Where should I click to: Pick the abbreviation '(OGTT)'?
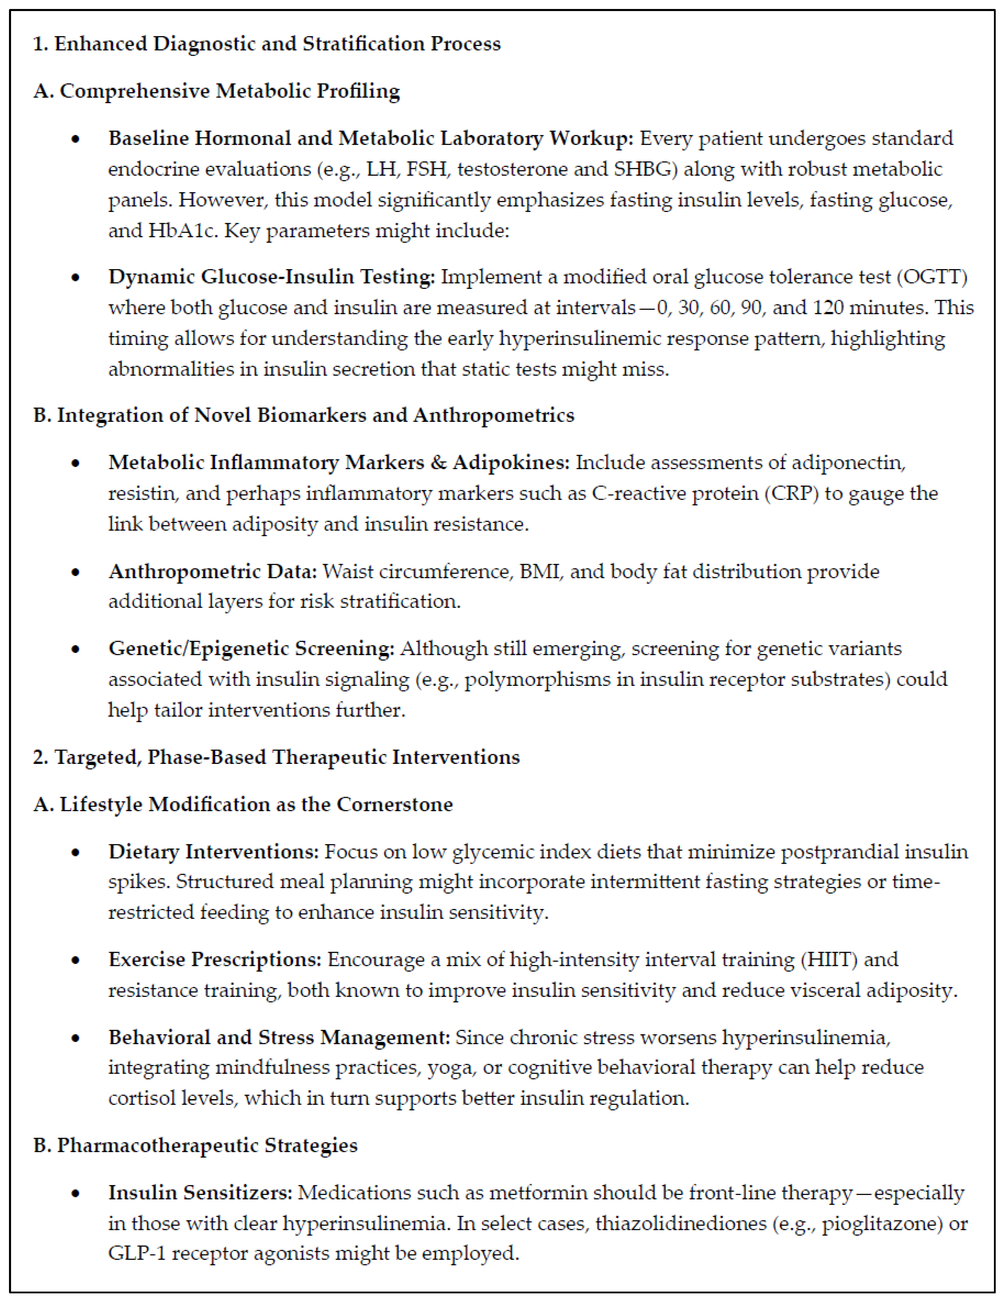(936, 277)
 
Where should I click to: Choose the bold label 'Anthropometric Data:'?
(213, 571)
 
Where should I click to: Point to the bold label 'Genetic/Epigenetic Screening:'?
(252, 649)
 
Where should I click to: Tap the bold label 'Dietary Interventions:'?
(214, 852)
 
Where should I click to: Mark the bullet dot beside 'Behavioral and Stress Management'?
(75, 1038)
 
